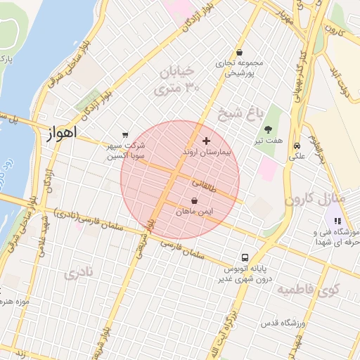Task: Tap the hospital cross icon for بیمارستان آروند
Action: (206, 141)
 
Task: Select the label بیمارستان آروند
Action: (206, 152)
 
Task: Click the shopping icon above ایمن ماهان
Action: (194, 200)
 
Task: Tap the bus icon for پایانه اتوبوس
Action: (245, 257)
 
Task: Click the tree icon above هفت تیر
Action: (269, 129)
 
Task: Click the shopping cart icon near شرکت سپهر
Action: (125, 134)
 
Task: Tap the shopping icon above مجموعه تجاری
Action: (240, 52)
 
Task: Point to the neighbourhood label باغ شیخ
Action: (240, 112)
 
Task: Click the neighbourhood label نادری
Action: (78, 274)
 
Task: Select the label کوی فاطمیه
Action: (308, 289)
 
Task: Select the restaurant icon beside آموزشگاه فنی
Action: (336, 221)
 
